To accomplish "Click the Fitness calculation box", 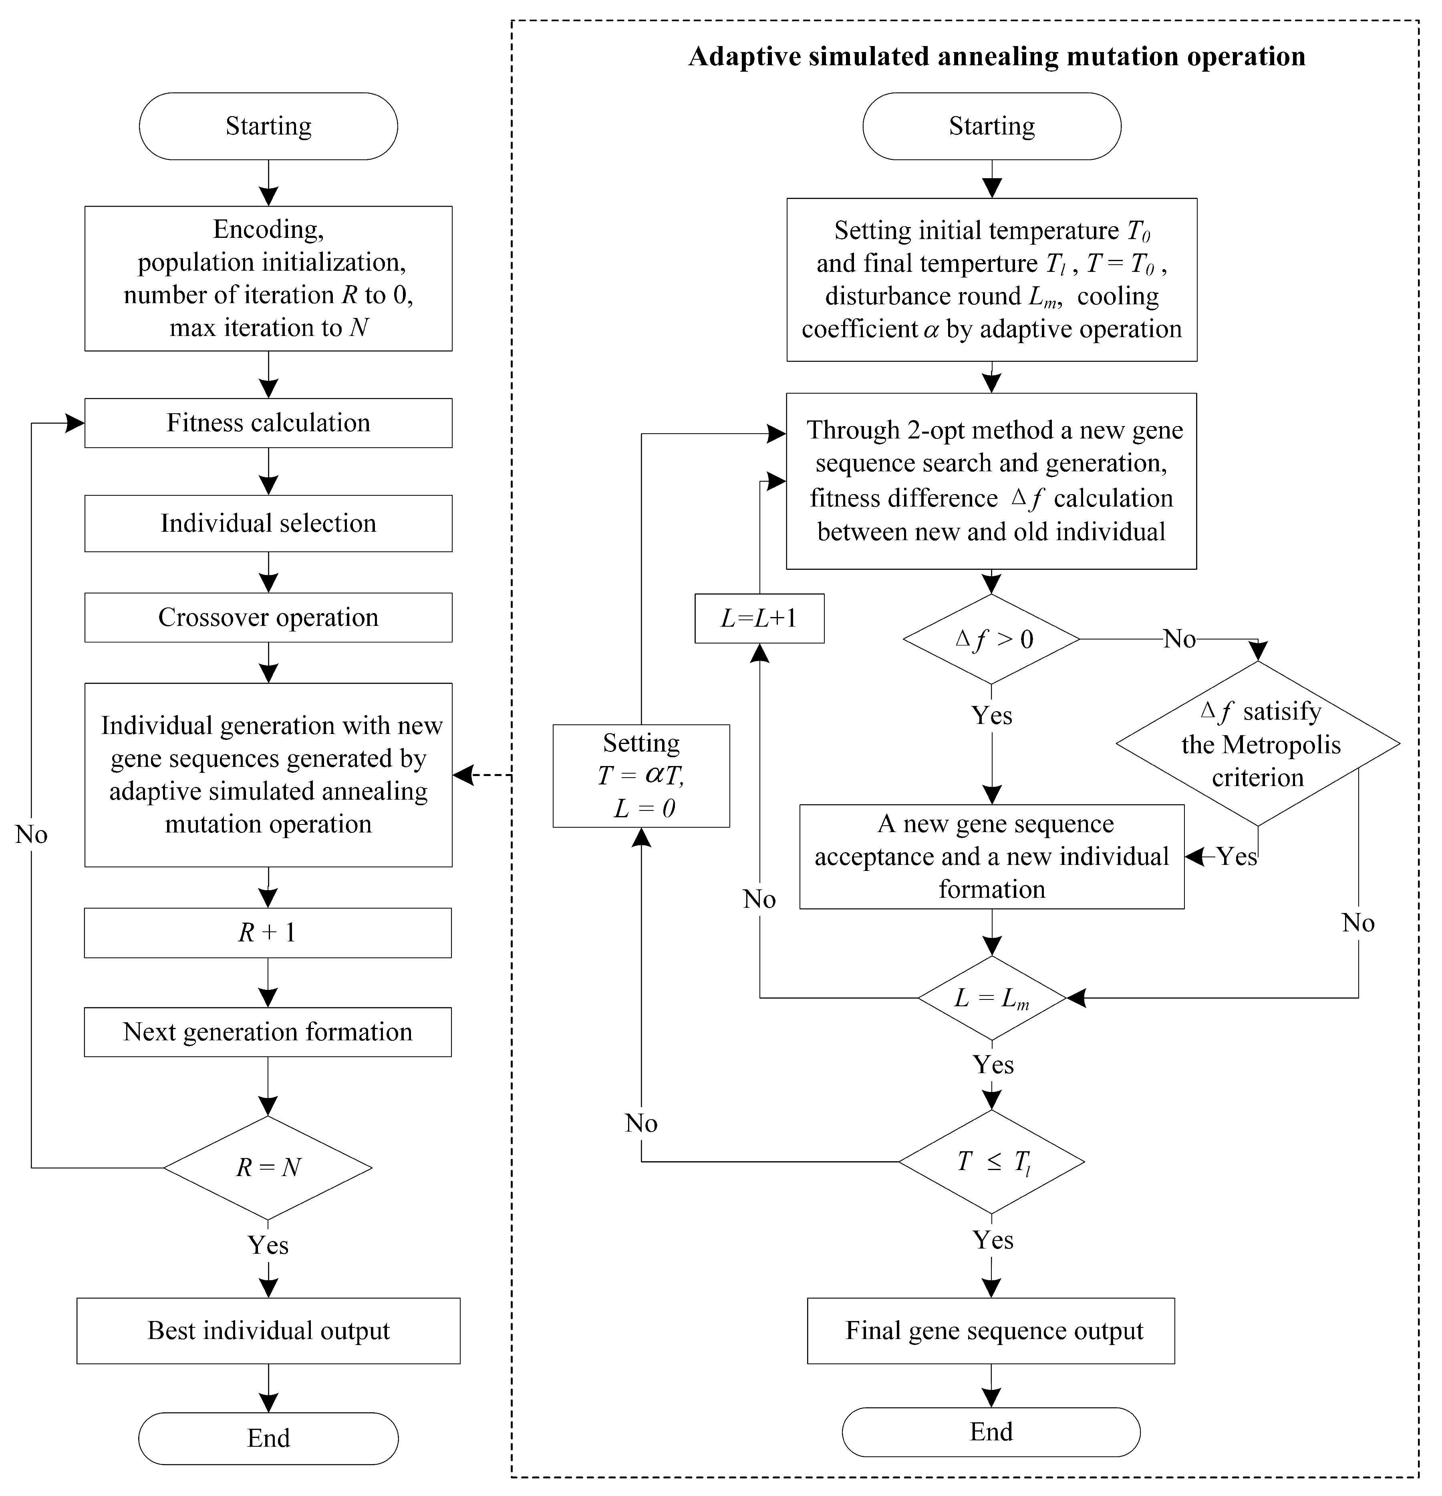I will (x=268, y=423).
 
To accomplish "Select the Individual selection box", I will (x=268, y=524).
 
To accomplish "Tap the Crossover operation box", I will (x=268, y=617).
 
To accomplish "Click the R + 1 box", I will (x=268, y=933).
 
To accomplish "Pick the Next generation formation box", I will (x=268, y=1032).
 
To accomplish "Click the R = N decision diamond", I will (x=268, y=1168).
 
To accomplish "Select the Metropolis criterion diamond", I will (x=1257, y=744).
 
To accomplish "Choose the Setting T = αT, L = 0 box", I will (x=641, y=776).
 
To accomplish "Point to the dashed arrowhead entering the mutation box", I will (x=461, y=776).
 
